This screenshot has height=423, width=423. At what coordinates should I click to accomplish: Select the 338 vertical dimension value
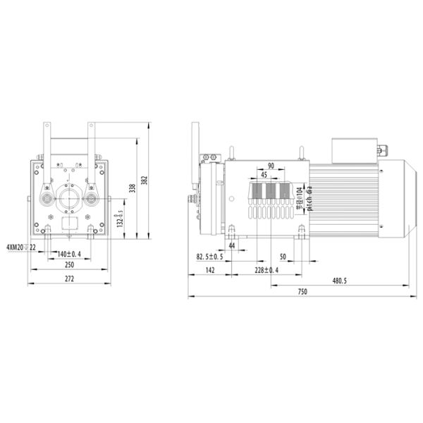coord(130,188)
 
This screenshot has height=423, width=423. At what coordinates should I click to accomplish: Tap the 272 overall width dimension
coord(68,280)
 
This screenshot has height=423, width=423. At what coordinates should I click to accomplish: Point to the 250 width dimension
coord(68,265)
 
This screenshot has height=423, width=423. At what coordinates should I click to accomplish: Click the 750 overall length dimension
coord(302,292)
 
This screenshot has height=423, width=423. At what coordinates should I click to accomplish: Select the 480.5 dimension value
coord(339,281)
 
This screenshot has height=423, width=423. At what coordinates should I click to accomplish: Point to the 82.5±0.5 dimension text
coord(210,257)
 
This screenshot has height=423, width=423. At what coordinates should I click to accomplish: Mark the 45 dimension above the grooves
coord(264,175)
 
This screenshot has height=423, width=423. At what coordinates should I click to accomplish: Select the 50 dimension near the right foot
coord(283,257)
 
